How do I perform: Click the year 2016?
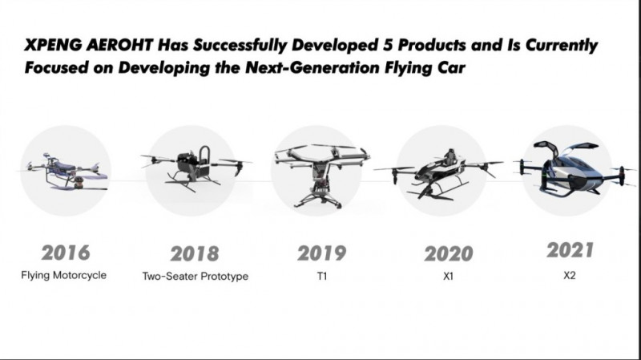tap(66, 253)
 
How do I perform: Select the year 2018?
tap(195, 253)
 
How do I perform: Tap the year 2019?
tap(322, 253)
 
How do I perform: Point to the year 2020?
tap(449, 253)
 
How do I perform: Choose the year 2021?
tap(570, 250)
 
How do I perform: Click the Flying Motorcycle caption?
tap(64, 275)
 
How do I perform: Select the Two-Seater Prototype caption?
tap(196, 276)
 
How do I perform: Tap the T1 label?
tap(322, 276)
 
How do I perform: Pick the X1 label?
tap(449, 276)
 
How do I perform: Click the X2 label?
tap(570, 275)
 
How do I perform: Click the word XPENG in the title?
tap(53, 45)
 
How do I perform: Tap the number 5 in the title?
tap(388, 45)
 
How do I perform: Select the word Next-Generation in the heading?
tap(312, 67)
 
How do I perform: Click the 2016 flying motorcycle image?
tap(66, 172)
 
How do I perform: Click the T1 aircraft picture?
tap(321, 175)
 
